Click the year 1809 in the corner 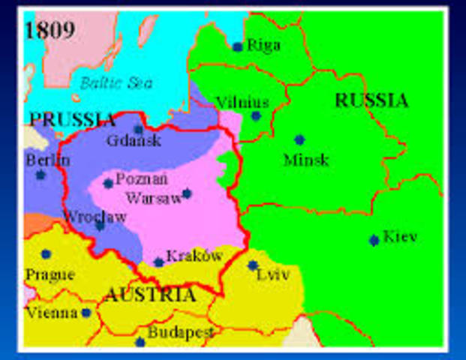(x=50, y=29)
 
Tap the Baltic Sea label (x=116, y=82)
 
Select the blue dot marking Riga (x=238, y=46)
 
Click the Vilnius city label (x=242, y=101)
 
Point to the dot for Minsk (x=299, y=139)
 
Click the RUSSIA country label (x=371, y=100)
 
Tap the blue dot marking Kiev (x=374, y=240)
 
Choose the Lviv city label (x=273, y=274)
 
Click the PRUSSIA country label (x=72, y=119)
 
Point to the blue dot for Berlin (x=41, y=175)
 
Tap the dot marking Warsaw (x=187, y=193)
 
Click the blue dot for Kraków (x=158, y=262)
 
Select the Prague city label (x=50, y=274)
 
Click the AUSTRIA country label (x=149, y=295)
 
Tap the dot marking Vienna (x=86, y=313)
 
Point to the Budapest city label (x=180, y=331)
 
